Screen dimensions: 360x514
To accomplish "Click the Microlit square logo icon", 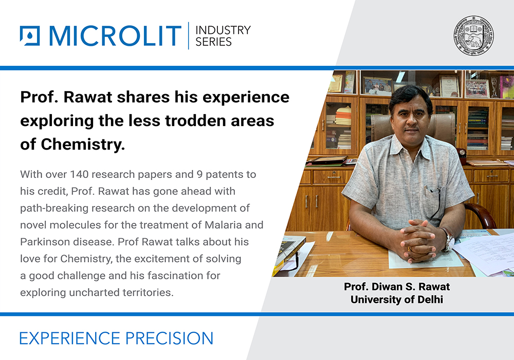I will click(x=29, y=36).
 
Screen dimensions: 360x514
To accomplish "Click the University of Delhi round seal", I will click(x=473, y=34).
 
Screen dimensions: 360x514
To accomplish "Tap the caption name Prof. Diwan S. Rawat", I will click(x=392, y=286).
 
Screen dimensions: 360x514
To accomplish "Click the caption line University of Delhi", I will click(x=392, y=299).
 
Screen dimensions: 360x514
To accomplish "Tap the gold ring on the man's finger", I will click(x=409, y=248).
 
